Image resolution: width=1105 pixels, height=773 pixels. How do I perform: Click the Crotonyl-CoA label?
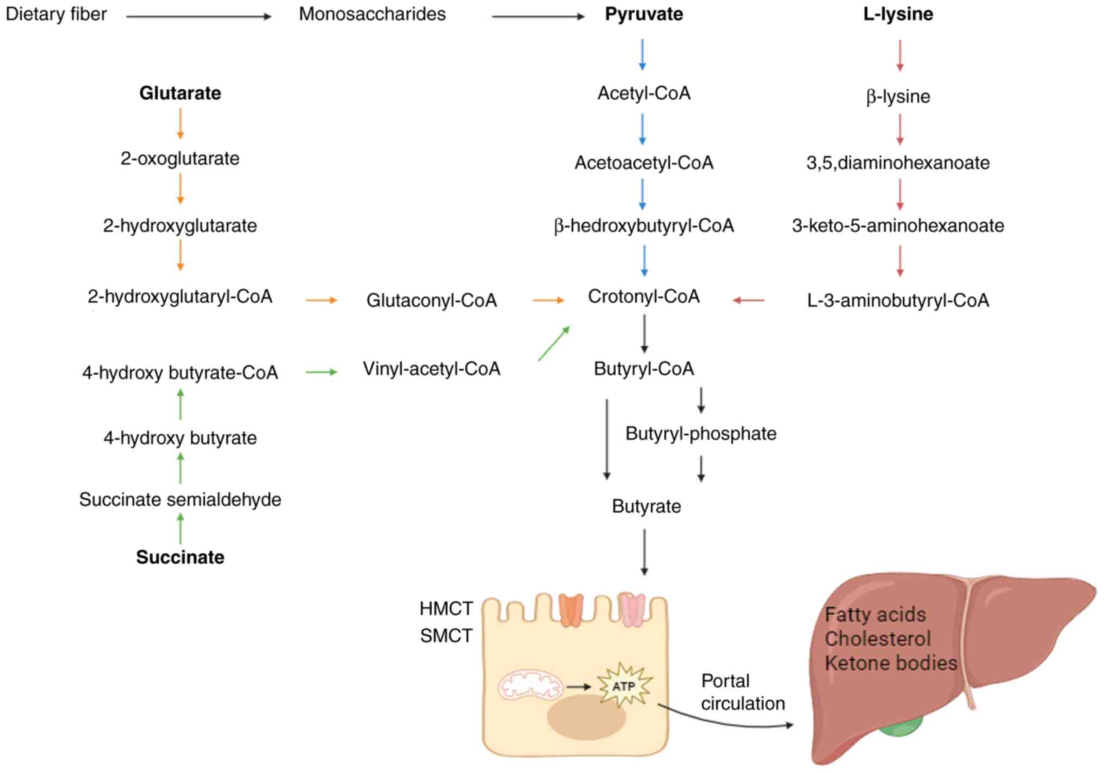point(643,297)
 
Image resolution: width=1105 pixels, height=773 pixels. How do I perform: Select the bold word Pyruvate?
point(644,14)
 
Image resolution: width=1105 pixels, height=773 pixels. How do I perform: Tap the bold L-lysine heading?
point(898,14)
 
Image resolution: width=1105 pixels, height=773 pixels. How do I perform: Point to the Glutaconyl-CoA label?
point(431,300)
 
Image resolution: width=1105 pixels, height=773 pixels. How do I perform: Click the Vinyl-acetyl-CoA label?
point(431,369)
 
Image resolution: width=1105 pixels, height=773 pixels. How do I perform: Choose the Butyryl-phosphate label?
point(700,434)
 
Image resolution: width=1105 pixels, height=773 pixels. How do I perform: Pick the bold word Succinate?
point(180,557)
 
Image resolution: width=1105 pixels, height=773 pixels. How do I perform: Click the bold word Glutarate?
point(180,93)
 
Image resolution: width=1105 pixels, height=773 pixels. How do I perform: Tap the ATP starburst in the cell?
point(624,686)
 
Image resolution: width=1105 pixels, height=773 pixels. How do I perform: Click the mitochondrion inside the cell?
point(530,685)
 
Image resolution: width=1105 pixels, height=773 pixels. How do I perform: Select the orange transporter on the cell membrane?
point(570,610)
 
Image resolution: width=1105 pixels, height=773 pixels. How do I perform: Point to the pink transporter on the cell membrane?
point(632,610)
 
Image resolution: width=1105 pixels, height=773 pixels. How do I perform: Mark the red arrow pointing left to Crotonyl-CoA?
point(749,300)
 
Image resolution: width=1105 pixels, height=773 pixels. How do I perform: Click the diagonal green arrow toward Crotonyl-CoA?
point(554,344)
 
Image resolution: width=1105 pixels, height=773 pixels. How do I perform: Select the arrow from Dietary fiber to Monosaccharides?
point(198,17)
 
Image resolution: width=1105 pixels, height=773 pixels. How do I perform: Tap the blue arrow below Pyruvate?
point(642,54)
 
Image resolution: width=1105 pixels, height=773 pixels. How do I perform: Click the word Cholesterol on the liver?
point(877,639)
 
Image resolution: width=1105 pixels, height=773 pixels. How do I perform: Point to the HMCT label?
point(446,608)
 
